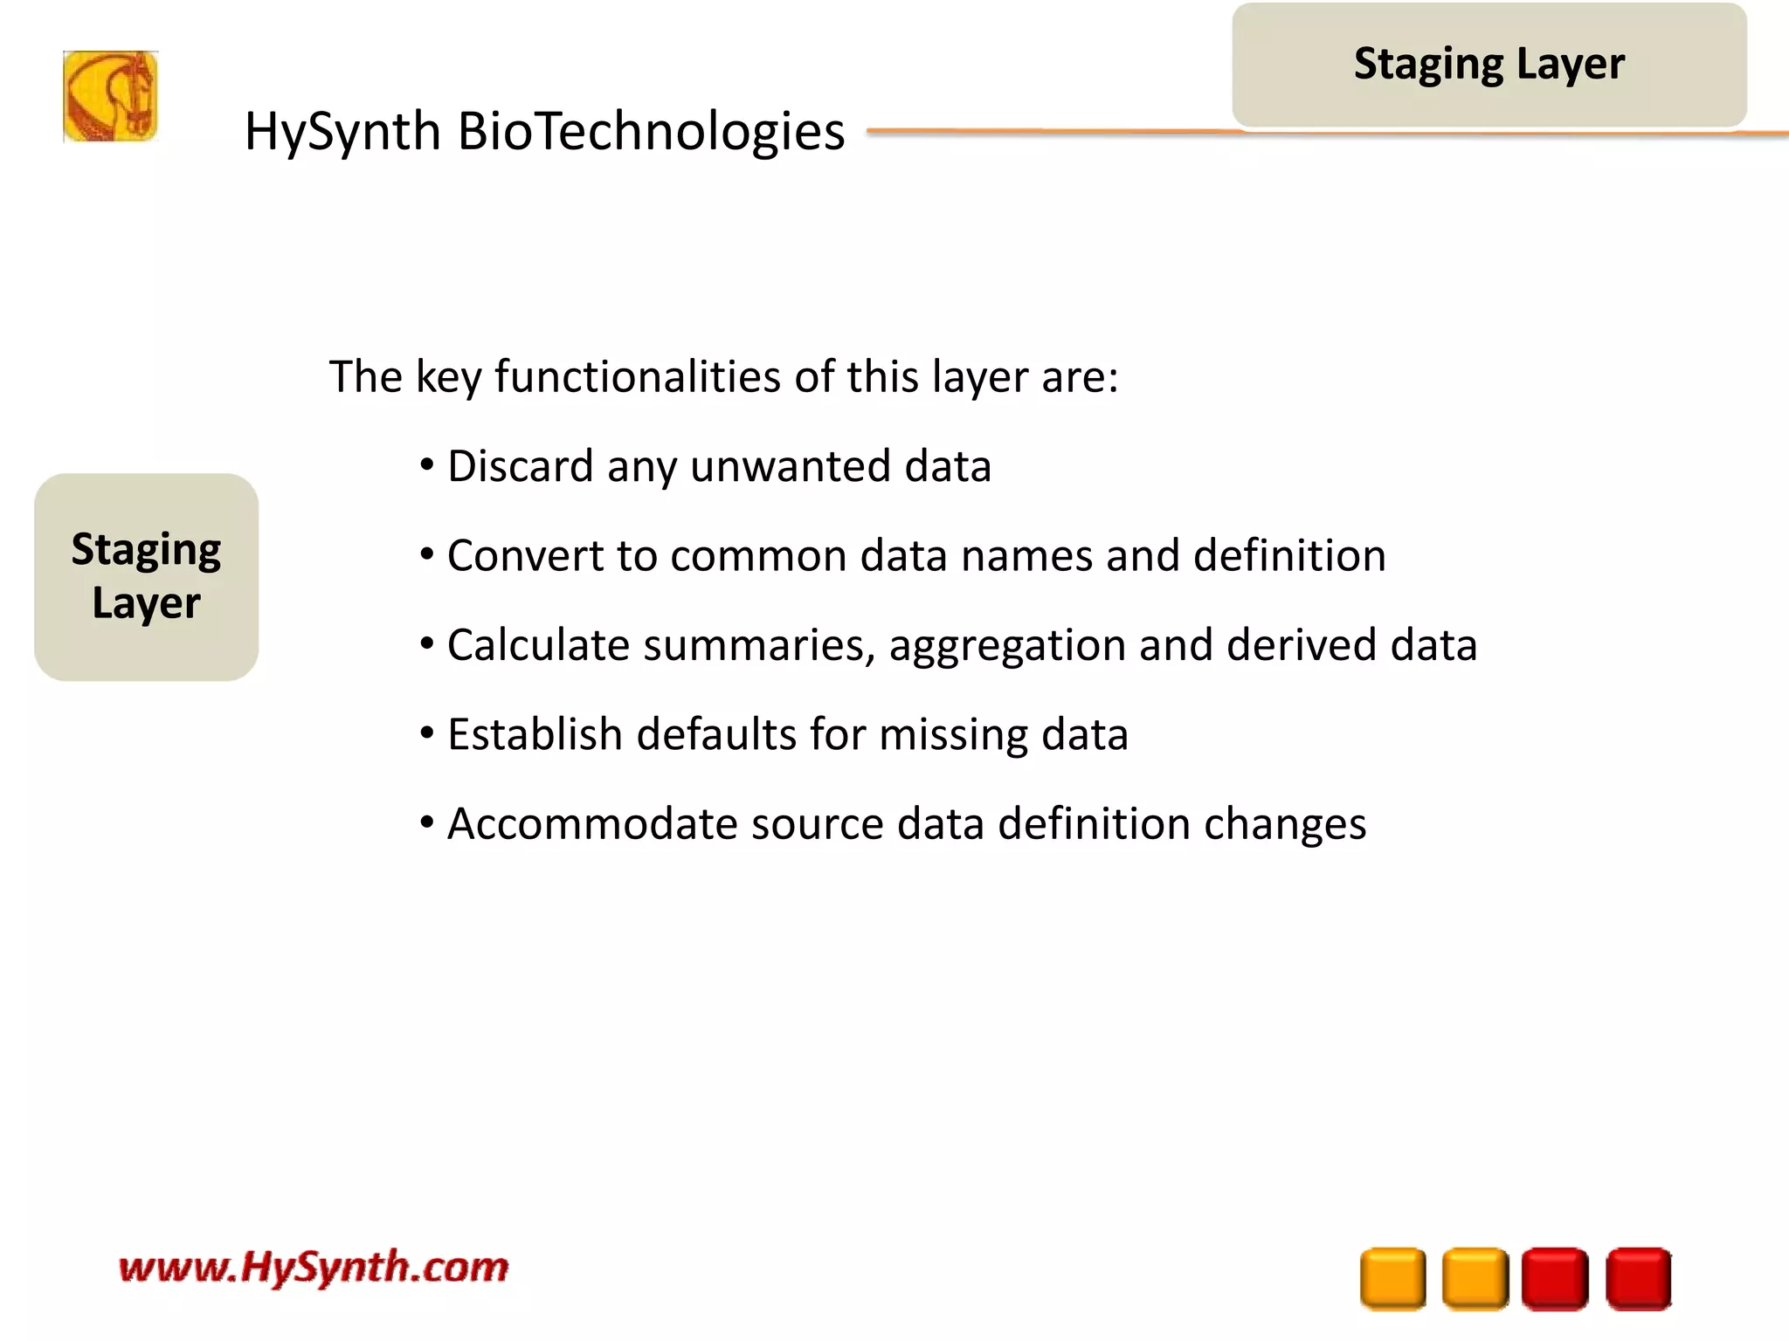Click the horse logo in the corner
click(x=110, y=96)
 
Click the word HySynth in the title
click(x=342, y=133)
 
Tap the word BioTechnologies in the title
click(x=651, y=133)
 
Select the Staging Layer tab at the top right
click(x=1489, y=65)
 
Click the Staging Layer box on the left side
click(x=146, y=577)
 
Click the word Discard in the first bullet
click(x=520, y=466)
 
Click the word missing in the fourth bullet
click(x=953, y=735)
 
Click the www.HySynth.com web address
click(x=313, y=1268)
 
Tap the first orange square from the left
click(x=1392, y=1278)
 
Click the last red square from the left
click(x=1638, y=1278)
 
